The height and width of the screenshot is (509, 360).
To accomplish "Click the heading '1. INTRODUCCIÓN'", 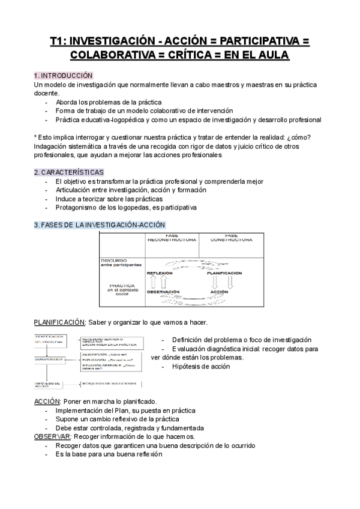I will point(63,76).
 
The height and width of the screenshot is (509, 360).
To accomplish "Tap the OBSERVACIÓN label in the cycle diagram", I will point(163,292).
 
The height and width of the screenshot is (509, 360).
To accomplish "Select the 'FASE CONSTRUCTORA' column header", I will point(230,238).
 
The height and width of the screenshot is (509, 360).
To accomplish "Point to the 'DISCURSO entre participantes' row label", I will point(121,262).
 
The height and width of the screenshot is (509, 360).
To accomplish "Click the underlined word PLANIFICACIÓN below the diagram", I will point(59,322).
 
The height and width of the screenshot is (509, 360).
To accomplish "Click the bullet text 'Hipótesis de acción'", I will point(201,366).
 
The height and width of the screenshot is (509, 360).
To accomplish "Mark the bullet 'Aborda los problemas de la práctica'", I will point(105,102).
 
